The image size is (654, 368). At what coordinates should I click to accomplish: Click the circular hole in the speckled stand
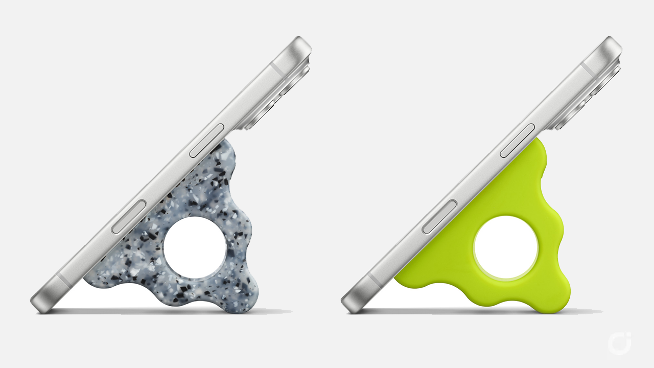pyautogui.click(x=195, y=248)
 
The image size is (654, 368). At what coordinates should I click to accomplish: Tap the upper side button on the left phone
pyautogui.click(x=207, y=141)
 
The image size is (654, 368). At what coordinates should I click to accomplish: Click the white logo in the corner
pyautogui.click(x=619, y=343)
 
